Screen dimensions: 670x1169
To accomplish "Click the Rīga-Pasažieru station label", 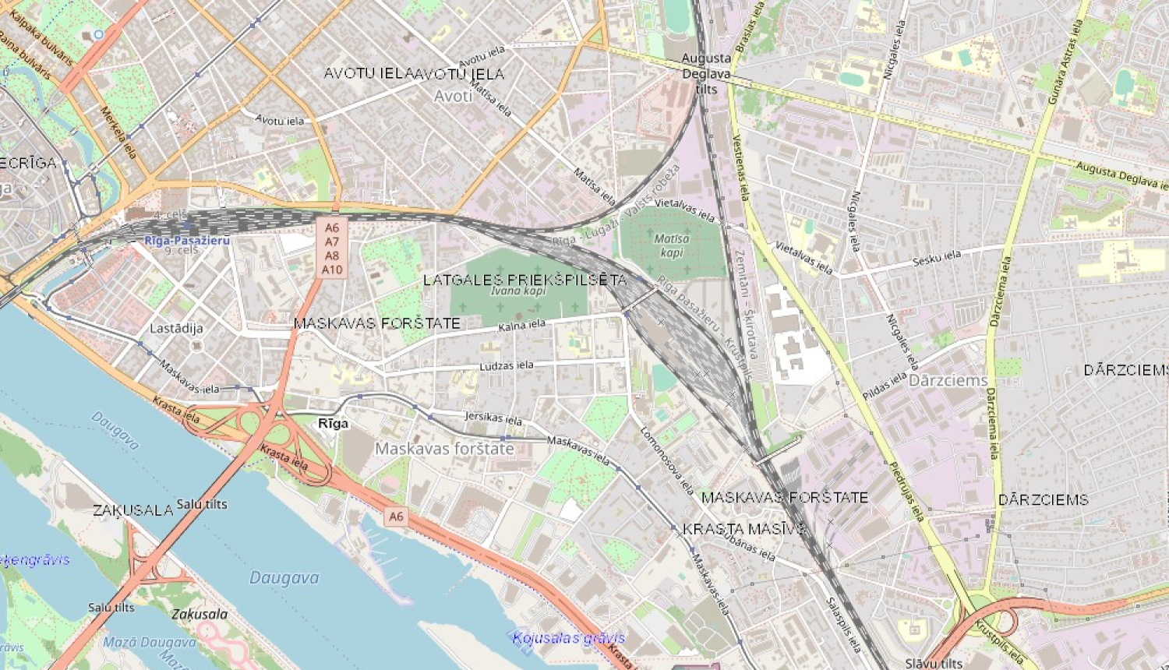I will point(187,241).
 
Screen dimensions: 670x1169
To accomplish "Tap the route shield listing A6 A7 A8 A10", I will point(332,249).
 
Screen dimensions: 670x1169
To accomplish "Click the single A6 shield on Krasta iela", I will point(396,517).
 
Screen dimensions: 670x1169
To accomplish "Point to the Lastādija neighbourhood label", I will point(176,328).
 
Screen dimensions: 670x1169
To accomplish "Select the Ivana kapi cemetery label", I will point(518,291).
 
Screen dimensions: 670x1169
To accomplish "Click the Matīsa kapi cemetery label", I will point(671,245).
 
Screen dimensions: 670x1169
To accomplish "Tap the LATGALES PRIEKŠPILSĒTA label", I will point(524,280).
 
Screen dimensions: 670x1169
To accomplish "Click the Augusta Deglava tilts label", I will point(706,73).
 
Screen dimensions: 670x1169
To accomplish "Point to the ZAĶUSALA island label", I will point(133,510).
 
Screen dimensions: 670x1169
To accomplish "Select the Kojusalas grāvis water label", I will point(568,638).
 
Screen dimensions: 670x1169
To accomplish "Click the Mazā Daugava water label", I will point(149,643).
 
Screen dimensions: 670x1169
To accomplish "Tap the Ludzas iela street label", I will point(507,365).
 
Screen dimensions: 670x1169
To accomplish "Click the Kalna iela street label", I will point(522,326).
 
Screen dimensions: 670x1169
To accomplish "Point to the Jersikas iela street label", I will point(493,418).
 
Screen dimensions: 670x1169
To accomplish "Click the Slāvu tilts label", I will point(934,663).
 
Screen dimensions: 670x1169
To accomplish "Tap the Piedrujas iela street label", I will point(906,491).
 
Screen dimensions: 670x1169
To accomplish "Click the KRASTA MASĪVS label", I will point(744,529).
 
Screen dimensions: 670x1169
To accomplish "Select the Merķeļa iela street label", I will point(118,132).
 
